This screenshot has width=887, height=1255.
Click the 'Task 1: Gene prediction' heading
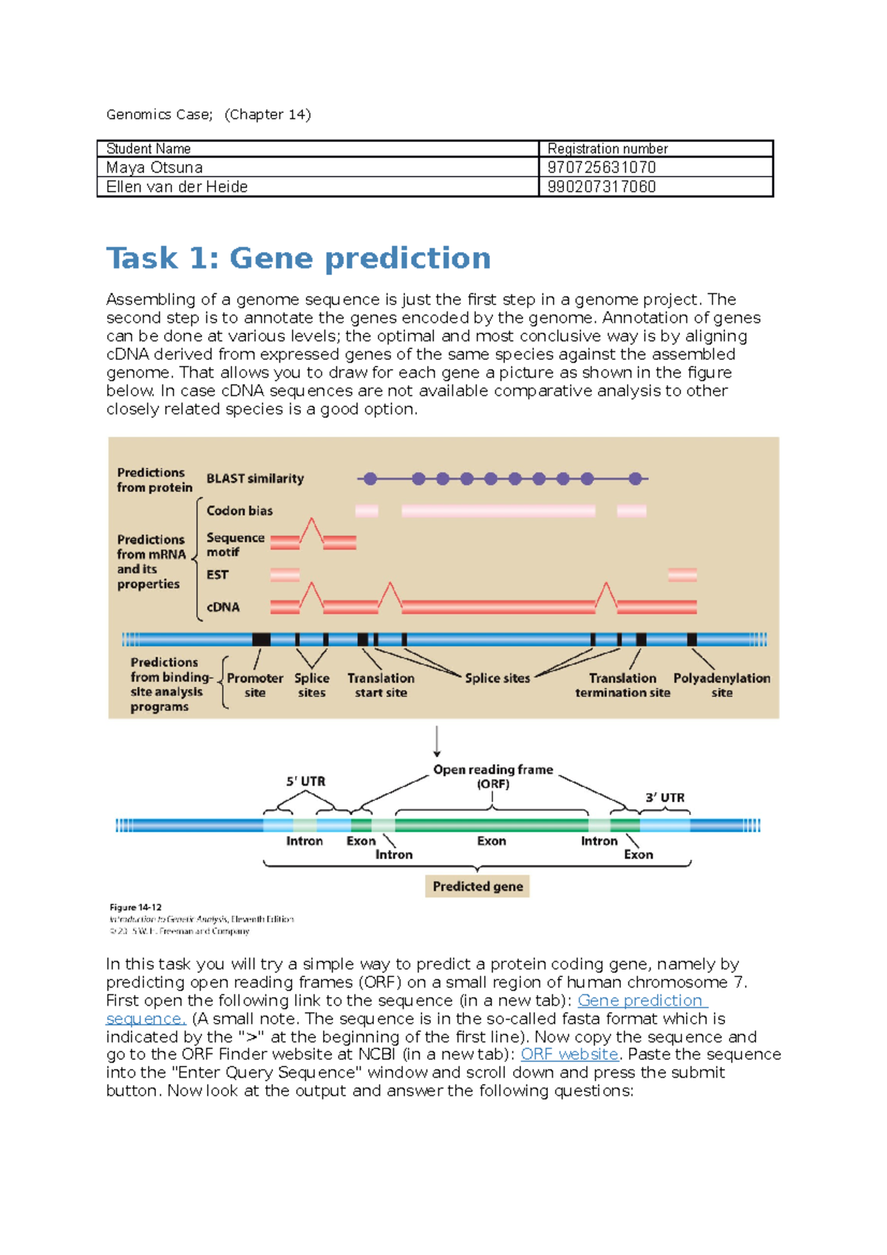pyautogui.click(x=298, y=259)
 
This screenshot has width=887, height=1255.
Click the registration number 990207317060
pyautogui.click(x=601, y=187)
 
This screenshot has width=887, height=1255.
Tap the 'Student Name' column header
pyautogui.click(x=149, y=149)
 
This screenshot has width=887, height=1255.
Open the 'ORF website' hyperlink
pyautogui.click(x=569, y=1055)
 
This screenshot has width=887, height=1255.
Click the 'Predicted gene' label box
pyautogui.click(x=478, y=886)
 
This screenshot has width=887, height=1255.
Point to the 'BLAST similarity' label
pyautogui.click(x=255, y=479)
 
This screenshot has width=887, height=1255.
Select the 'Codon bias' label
pyautogui.click(x=239, y=511)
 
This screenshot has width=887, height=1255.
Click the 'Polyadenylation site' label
pyautogui.click(x=721, y=685)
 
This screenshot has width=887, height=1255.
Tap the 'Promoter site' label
pyautogui.click(x=255, y=685)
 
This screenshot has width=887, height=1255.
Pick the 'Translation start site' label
pyautogui.click(x=381, y=685)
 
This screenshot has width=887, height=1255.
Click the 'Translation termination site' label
pyautogui.click(x=622, y=685)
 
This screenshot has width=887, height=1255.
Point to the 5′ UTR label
pyautogui.click(x=305, y=781)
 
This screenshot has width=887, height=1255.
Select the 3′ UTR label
pyautogui.click(x=665, y=797)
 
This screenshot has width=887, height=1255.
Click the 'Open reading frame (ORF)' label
pyautogui.click(x=493, y=776)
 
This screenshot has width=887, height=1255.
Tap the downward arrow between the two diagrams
pyautogui.click(x=437, y=741)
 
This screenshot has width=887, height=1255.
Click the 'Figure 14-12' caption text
pyautogui.click(x=135, y=907)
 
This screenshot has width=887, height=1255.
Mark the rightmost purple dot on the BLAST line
pyautogui.click(x=635, y=479)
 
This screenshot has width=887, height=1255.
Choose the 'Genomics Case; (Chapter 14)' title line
pyautogui.click(x=208, y=115)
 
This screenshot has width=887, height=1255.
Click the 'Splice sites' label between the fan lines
pyautogui.click(x=497, y=678)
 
